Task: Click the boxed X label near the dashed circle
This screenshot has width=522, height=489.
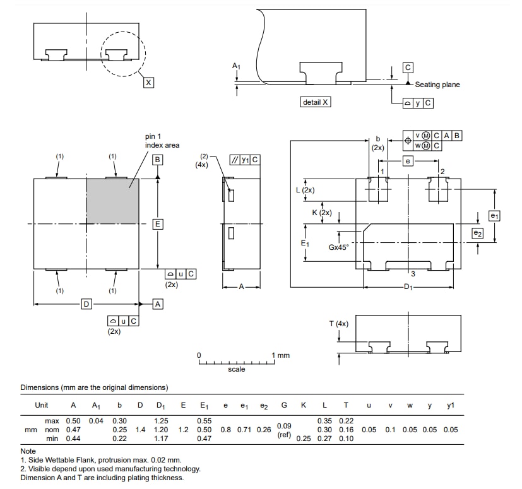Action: [148, 83]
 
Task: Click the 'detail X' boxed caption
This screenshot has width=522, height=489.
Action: [316, 102]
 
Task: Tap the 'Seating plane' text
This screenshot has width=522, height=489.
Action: [437, 85]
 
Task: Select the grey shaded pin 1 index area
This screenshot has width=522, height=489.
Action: [112, 201]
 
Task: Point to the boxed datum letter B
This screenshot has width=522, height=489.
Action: [158, 160]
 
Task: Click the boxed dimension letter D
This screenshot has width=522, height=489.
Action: [86, 305]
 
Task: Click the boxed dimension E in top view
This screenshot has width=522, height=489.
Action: [158, 224]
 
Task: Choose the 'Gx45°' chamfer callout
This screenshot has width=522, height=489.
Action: [338, 247]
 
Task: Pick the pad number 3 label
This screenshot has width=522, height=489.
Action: [412, 274]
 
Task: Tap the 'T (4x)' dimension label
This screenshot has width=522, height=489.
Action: [338, 324]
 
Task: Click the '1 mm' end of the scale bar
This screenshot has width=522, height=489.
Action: [281, 355]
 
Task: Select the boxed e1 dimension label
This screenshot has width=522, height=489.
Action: [494, 216]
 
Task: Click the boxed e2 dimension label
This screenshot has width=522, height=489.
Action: [478, 233]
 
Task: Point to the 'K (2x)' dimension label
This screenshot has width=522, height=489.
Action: [322, 213]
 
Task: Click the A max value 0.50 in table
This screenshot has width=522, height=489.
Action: [73, 421]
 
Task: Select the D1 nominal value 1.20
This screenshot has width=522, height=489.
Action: [161, 430]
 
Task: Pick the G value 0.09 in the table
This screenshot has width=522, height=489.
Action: [284, 426]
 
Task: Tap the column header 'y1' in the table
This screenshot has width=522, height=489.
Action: [450, 405]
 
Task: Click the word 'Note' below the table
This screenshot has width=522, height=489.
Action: [28, 451]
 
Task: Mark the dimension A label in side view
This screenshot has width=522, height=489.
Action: [241, 286]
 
